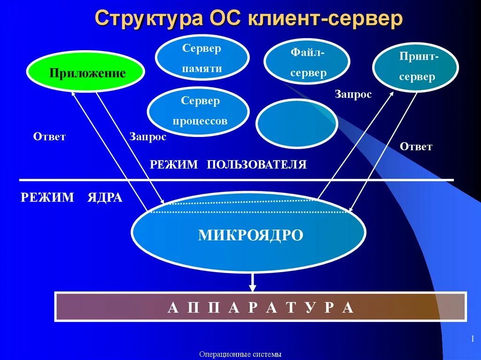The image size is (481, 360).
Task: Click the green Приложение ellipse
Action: point(85,72)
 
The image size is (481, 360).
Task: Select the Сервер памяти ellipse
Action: point(202,57)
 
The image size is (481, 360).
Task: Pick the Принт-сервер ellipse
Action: point(416,67)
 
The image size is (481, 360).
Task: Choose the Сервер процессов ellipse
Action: point(198,111)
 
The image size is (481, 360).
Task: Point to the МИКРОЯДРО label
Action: point(250,235)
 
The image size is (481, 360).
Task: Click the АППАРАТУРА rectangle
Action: point(261,307)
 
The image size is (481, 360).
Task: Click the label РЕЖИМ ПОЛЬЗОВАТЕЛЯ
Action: point(228,164)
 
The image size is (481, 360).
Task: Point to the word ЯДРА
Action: point(105,198)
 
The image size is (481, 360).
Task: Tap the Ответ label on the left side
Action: point(49,137)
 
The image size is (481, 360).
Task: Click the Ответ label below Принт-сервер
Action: point(416,146)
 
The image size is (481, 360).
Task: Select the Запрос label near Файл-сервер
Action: point(353,94)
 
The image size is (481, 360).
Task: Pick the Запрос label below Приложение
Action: point(147,137)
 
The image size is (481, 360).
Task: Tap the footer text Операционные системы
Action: point(240,354)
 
